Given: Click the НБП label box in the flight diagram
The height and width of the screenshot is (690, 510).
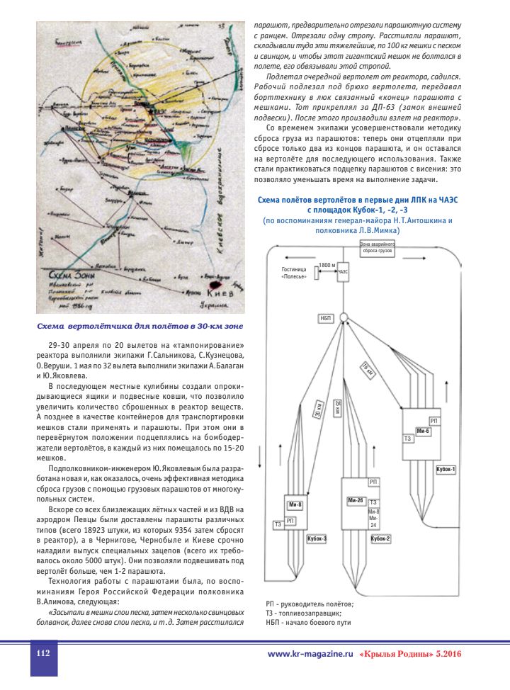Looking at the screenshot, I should click(326, 319).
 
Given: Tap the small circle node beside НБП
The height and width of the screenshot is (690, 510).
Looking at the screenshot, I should click(342, 317).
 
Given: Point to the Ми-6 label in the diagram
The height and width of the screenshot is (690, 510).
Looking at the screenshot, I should click(424, 431).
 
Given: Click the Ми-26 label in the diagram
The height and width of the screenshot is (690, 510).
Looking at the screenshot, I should click(355, 501).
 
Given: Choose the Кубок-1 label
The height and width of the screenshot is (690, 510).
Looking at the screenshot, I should click(446, 470).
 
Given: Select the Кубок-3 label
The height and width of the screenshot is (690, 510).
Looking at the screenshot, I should click(316, 539).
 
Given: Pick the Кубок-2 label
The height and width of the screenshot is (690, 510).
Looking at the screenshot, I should click(381, 539).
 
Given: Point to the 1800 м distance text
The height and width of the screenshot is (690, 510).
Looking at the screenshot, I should click(327, 264).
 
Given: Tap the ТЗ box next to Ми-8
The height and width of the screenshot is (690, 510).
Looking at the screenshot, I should click(278, 524).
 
